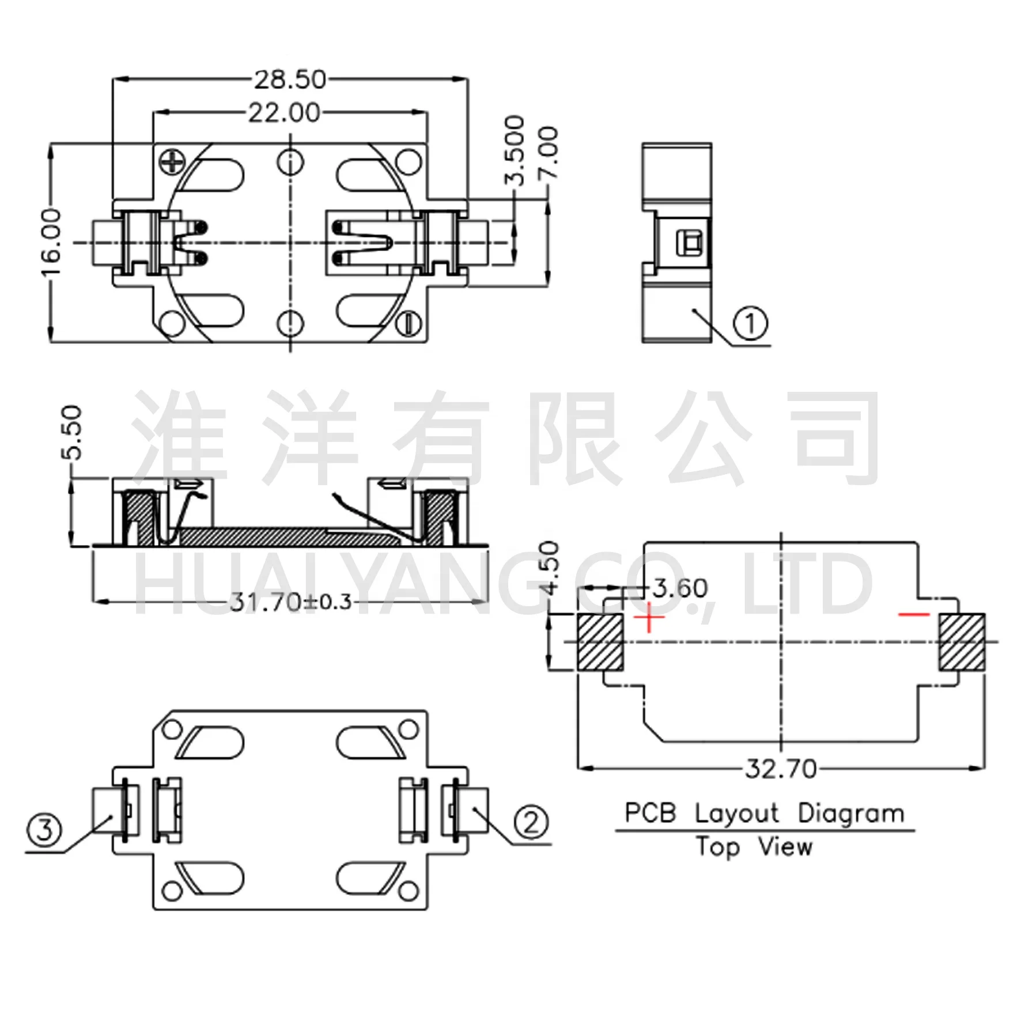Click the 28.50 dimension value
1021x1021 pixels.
point(290,80)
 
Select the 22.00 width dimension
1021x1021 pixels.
point(284,113)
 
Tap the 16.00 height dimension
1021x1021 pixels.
point(52,243)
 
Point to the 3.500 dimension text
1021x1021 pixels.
point(515,150)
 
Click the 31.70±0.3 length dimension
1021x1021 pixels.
point(290,602)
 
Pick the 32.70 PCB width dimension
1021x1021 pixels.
point(781,769)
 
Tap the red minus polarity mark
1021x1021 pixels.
point(914,615)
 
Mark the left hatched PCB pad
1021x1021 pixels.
point(600,642)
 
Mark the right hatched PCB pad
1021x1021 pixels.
point(962,642)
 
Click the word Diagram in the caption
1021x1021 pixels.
point(852,814)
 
